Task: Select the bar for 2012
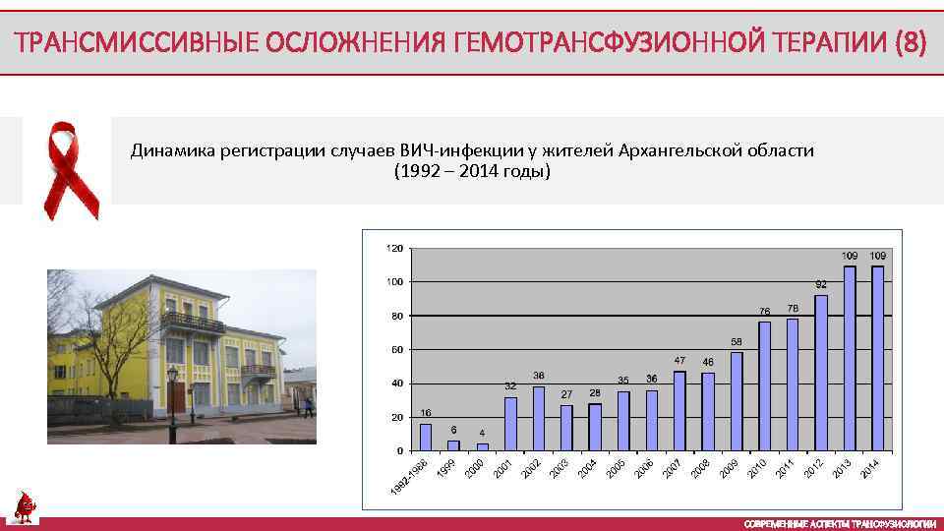821,373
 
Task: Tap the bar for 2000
482,446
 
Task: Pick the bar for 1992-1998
426,437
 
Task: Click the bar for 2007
679,410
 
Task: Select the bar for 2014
878,358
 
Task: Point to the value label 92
821,284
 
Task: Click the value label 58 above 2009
737,341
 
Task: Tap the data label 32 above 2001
510,385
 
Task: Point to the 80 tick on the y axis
394,316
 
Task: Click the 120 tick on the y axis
392,248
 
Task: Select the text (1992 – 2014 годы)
472,172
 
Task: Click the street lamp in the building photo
173,393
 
